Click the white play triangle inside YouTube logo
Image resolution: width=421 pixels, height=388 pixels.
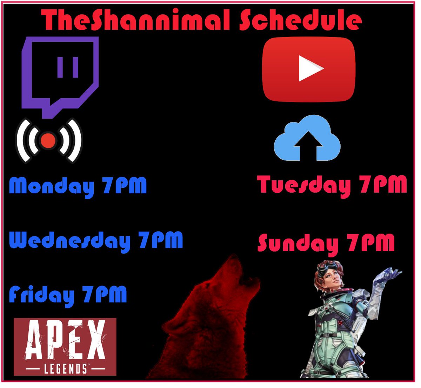tap(310, 69)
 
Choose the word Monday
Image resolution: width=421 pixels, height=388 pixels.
tap(52, 186)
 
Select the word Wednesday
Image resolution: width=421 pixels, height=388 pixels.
tap(69, 241)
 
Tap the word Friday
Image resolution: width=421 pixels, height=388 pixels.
tap(41, 295)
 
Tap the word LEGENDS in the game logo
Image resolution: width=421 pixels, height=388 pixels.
tap(66, 369)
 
